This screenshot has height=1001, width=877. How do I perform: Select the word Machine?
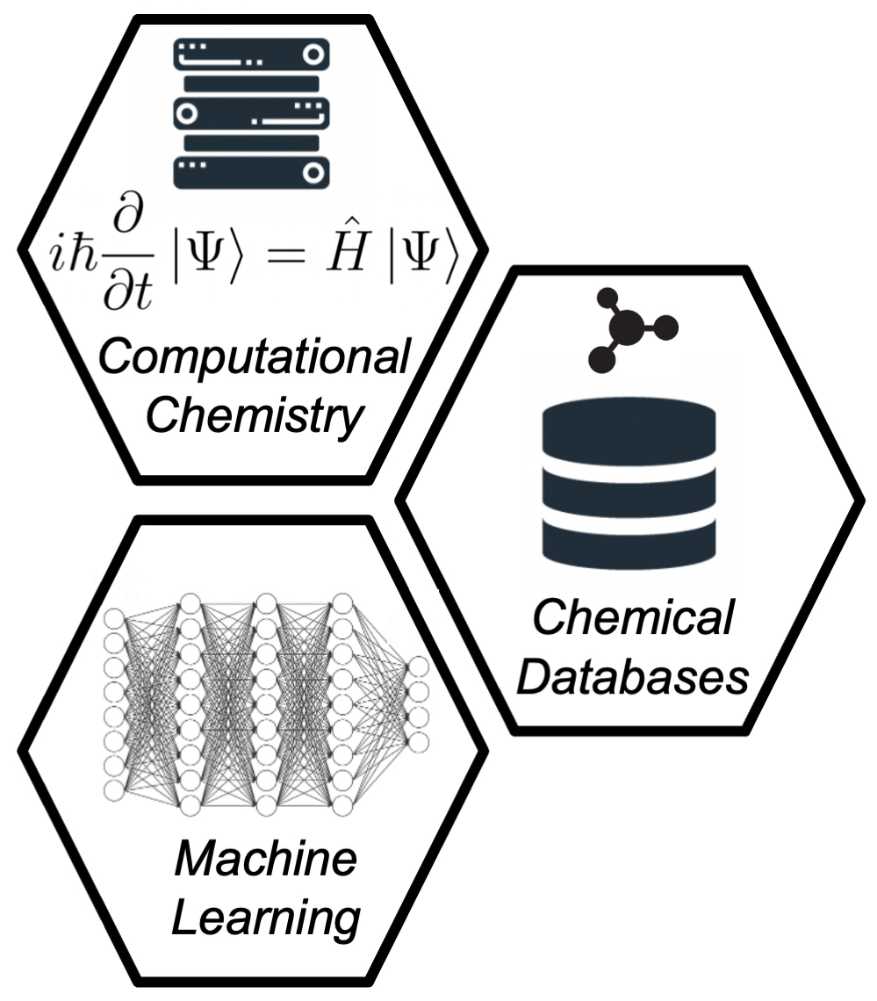tap(266, 859)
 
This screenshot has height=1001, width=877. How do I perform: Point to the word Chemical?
tap(632, 620)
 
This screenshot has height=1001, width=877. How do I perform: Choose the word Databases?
tap(632, 677)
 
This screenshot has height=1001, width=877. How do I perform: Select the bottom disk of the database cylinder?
tap(629, 545)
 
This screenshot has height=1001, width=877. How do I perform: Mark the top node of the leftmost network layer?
tap(114, 619)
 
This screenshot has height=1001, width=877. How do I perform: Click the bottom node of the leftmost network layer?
tap(114, 789)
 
